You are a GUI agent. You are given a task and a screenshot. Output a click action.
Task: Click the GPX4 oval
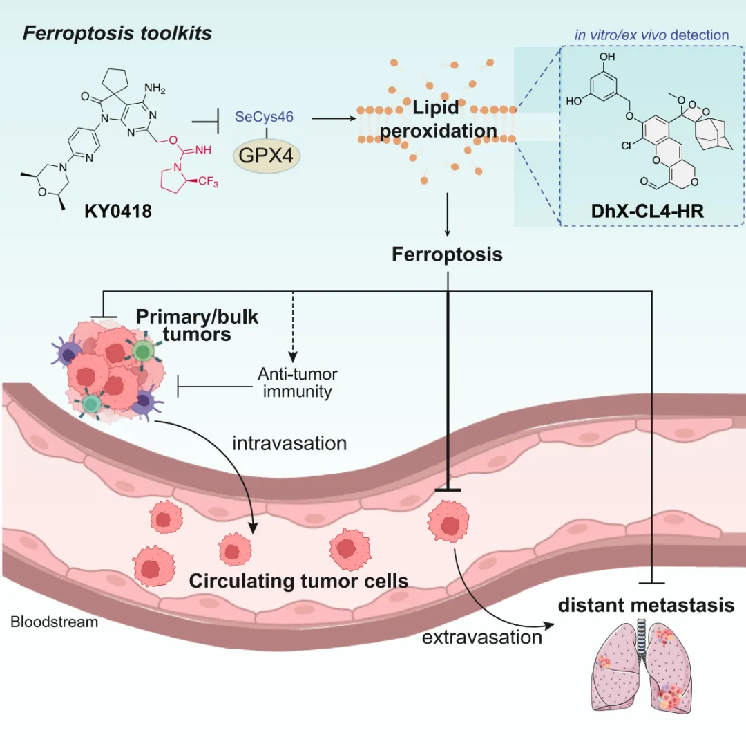[267, 156]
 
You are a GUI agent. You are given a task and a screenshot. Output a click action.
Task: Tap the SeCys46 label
[264, 117]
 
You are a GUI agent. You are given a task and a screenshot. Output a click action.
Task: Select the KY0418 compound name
[118, 211]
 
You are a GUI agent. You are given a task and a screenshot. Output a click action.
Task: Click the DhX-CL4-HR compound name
[647, 211]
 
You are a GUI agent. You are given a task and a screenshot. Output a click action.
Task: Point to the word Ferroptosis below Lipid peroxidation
[447, 254]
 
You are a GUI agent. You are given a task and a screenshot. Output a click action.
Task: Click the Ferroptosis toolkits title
[117, 33]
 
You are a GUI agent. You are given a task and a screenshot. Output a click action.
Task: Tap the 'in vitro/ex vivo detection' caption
[652, 35]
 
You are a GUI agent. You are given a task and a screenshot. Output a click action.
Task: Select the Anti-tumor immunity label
[298, 382]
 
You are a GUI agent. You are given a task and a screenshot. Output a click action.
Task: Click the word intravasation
[289, 443]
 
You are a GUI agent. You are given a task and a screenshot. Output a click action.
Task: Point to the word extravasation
[482, 638]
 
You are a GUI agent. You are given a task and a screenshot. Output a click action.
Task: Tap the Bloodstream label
[55, 622]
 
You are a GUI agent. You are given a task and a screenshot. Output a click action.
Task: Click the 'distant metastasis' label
[646, 605]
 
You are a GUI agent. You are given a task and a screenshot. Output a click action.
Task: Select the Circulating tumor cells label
[299, 581]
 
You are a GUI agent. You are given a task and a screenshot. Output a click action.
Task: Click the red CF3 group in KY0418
[208, 181]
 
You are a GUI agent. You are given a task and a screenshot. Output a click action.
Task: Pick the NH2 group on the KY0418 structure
[155, 89]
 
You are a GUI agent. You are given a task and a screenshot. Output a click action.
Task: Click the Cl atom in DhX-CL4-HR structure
[626, 145]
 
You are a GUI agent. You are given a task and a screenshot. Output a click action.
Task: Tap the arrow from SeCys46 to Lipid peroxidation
[334, 118]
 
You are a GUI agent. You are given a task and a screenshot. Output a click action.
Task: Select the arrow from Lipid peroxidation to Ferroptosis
[447, 215]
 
